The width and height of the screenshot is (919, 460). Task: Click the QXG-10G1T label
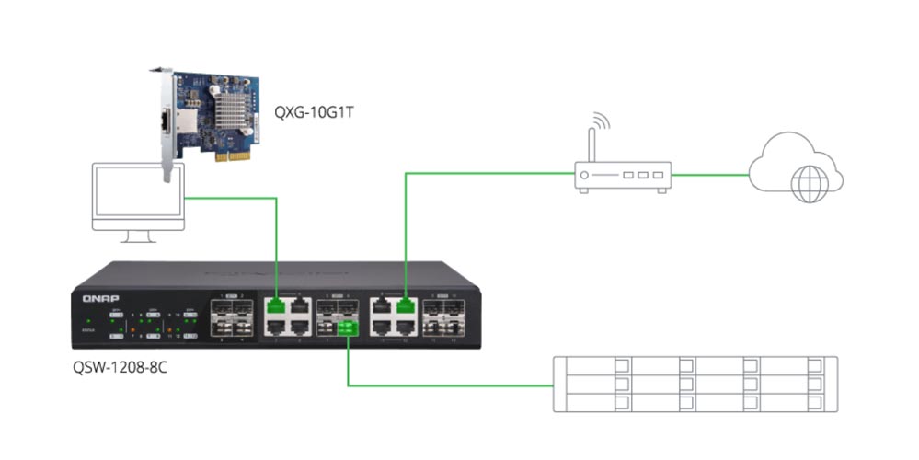tap(313, 112)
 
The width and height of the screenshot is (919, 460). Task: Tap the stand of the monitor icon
tap(139, 237)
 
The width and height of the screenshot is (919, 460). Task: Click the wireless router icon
tap(622, 175)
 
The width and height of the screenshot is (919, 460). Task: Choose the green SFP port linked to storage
tap(347, 328)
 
